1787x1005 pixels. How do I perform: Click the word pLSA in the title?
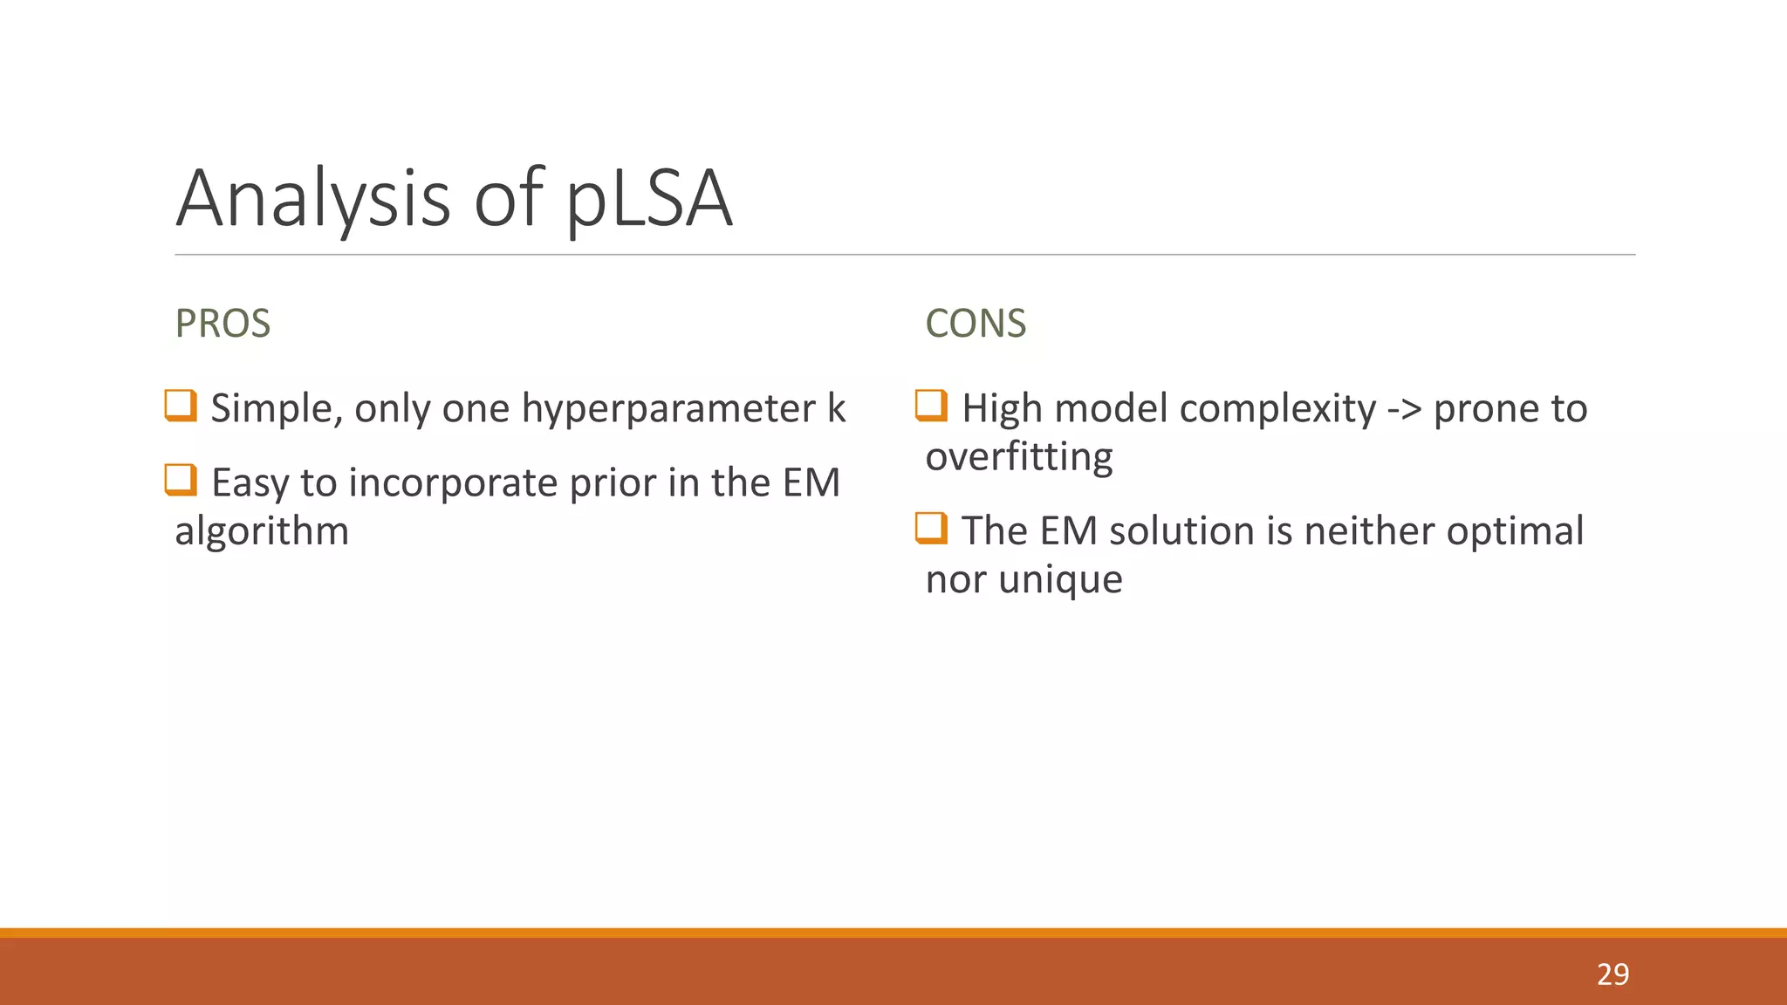[649, 201]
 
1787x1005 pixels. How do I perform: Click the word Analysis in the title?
[313, 201]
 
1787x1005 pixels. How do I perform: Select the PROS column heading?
[223, 324]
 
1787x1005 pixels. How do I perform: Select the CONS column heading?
[976, 324]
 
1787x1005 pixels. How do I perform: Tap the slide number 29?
[1612, 974]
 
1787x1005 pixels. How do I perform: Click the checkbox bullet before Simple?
[181, 406]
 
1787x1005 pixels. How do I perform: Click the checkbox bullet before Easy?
[181, 480]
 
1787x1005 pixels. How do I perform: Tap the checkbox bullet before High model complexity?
[931, 406]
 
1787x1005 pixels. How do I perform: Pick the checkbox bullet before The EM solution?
[931, 528]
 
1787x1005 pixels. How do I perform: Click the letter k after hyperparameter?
[836, 408]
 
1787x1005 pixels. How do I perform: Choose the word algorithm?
[262, 531]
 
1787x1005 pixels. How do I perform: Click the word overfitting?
[1019, 457]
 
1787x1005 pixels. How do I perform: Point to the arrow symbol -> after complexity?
[1404, 409]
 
